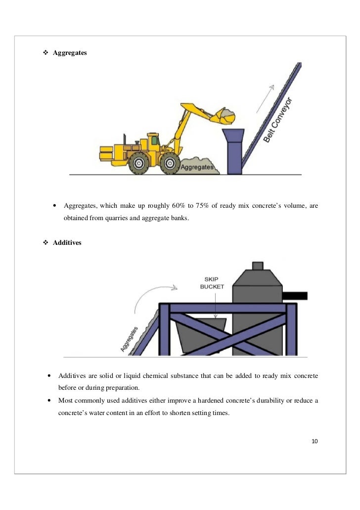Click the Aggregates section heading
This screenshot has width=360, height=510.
click(70, 52)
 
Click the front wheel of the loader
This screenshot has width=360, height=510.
click(170, 164)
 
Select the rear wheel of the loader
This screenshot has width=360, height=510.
click(138, 164)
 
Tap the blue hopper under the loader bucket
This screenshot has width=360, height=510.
click(233, 151)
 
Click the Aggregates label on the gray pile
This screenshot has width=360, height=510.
click(197, 167)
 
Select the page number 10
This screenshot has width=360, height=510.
click(314, 441)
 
